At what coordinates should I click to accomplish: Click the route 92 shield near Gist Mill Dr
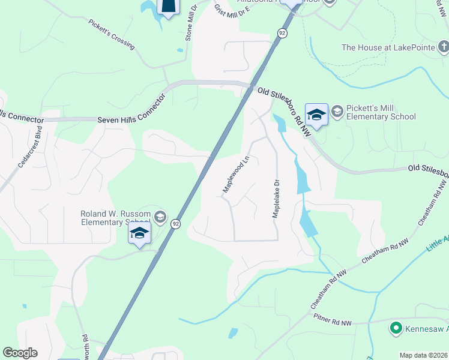tap(282, 33)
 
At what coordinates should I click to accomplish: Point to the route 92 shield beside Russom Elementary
tap(175, 224)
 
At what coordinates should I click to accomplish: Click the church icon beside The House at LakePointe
tap(443, 46)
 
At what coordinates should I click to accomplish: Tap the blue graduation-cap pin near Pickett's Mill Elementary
tap(316, 113)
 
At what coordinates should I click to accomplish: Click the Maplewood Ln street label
tap(236, 175)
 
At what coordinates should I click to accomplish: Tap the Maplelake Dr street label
tap(277, 199)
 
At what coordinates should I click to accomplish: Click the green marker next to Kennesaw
tap(396, 328)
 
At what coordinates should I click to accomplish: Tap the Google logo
tap(20, 353)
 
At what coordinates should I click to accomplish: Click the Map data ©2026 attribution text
tap(423, 355)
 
